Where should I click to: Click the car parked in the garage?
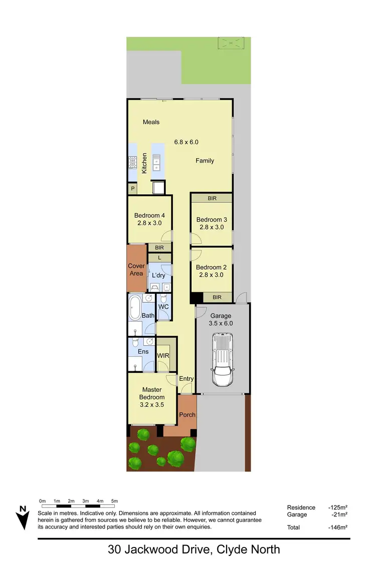(x=223, y=361)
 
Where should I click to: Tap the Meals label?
(x=151, y=122)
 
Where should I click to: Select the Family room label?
(x=205, y=161)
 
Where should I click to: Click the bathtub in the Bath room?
(x=134, y=308)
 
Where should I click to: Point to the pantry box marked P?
(x=133, y=189)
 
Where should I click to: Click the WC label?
(x=163, y=307)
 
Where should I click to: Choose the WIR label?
(x=163, y=356)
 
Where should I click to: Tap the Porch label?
(x=187, y=415)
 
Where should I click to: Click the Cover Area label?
(x=136, y=270)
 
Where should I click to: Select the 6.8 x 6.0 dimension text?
(x=186, y=142)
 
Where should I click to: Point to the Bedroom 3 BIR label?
(x=212, y=199)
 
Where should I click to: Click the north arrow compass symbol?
(x=22, y=517)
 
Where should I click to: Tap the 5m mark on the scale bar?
(x=114, y=501)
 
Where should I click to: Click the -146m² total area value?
(x=338, y=527)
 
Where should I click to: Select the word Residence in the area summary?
(x=301, y=507)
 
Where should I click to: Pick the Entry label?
(x=186, y=379)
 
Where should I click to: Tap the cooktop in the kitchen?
(x=133, y=162)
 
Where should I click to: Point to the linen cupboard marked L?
(x=159, y=258)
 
